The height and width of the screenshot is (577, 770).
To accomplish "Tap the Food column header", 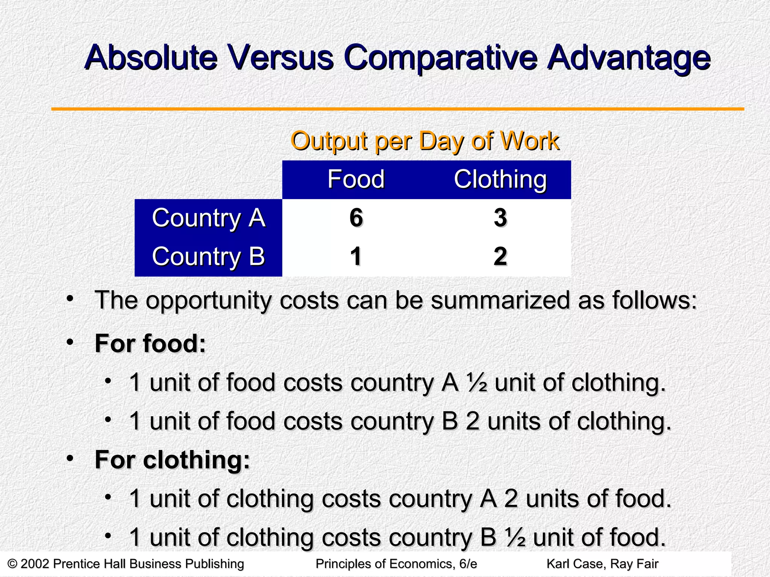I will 356,179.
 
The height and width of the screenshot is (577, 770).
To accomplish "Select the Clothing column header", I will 500,179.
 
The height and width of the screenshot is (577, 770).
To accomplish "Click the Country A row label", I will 208,218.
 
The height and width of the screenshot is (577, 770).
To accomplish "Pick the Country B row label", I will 208,257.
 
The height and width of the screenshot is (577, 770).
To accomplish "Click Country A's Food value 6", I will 356,218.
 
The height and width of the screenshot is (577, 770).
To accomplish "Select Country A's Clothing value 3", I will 500,218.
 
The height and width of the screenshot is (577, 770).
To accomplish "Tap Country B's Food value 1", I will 356,257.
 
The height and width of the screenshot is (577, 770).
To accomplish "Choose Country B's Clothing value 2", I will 500,257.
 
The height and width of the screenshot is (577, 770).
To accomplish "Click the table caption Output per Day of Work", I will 425,141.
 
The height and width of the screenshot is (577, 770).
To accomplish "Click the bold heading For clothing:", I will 172,459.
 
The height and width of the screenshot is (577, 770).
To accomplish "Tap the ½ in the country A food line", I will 477,383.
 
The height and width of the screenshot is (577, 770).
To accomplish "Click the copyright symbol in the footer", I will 12,564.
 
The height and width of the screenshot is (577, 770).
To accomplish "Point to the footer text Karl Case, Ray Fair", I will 602,564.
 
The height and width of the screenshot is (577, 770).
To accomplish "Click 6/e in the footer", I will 468,564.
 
